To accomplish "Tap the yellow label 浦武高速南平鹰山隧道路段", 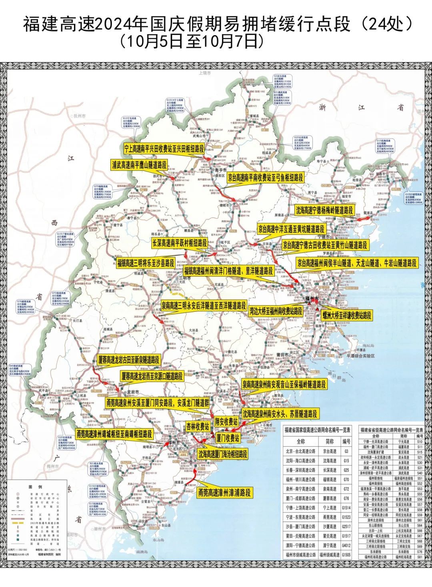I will pyautogui.click(x=139, y=164).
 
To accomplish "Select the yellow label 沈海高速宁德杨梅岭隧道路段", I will pyautogui.click(x=325, y=210).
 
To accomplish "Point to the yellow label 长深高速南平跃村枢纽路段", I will pyautogui.click(x=179, y=243).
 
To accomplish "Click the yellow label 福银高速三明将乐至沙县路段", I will pyautogui.click(x=146, y=263).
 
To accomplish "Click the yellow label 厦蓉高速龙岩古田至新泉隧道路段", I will pyautogui.click(x=129, y=360).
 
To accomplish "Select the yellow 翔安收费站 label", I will pyautogui.click(x=226, y=421).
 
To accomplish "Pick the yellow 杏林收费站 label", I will pyautogui.click(x=198, y=427).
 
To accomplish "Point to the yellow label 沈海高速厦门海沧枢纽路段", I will pyautogui.click(x=222, y=454).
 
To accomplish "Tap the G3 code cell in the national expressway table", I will pyautogui.click(x=346, y=451).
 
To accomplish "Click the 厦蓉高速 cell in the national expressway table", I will pyautogui.click(x=330, y=498).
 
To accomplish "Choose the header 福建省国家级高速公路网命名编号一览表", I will pyautogui.click(x=317, y=430).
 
